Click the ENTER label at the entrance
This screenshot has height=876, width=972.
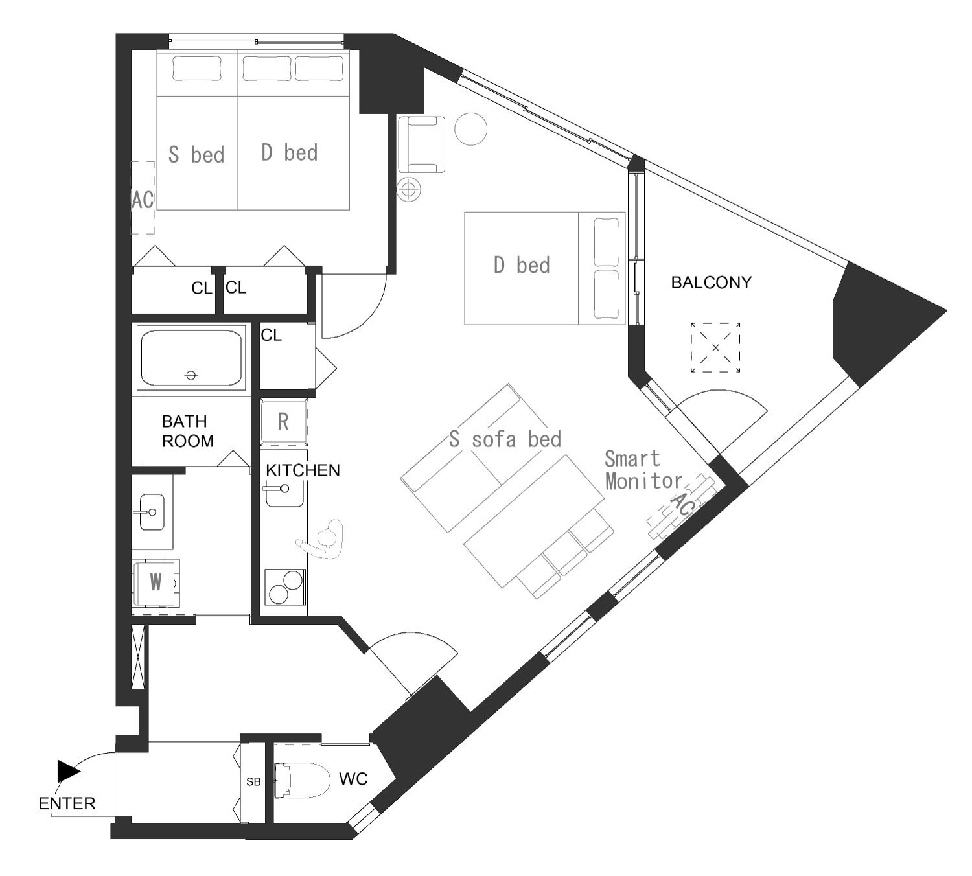67,803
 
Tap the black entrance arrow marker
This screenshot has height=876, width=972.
68,771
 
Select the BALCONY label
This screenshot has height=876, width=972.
711,282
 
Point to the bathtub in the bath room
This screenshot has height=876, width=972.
191,358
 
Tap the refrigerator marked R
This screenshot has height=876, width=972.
284,421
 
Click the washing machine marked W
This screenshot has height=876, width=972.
156,583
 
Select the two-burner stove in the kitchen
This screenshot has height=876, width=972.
285,587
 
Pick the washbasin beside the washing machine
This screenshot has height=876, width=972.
152,512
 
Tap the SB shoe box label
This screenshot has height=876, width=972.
253,781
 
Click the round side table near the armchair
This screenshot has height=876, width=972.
470,129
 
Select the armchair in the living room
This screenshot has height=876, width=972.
421,144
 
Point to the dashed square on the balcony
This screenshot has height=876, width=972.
715,347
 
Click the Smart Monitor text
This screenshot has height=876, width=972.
643,470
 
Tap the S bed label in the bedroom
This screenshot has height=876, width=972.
196,155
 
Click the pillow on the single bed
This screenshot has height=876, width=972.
197,68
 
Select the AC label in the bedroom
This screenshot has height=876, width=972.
143,200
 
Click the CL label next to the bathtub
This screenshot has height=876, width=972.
271,335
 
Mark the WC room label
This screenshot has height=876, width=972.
353,779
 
